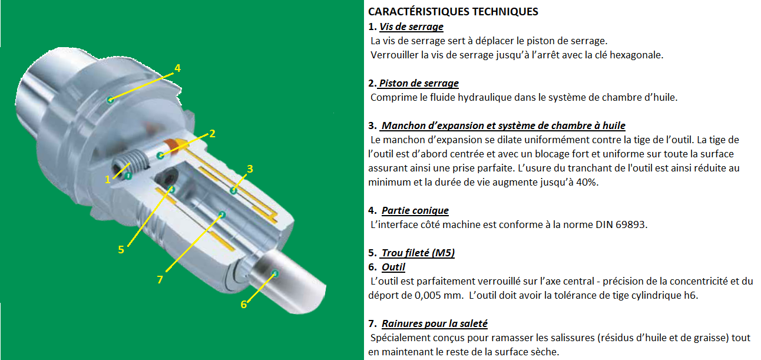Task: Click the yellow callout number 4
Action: (x=177, y=68)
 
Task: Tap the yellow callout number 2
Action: (x=212, y=134)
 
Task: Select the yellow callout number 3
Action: (x=250, y=169)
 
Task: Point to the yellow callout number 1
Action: (x=108, y=179)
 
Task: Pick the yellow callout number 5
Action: (x=121, y=249)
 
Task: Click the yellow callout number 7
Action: (x=160, y=279)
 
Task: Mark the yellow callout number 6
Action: (x=244, y=304)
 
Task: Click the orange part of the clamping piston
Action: (x=172, y=146)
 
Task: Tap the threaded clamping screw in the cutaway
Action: (x=131, y=162)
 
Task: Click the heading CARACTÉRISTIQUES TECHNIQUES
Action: (x=453, y=12)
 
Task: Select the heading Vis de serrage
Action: (x=411, y=27)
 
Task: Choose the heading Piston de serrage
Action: (x=419, y=83)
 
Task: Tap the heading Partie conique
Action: (x=415, y=210)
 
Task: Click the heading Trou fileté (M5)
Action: (x=418, y=253)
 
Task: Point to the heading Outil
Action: (x=393, y=267)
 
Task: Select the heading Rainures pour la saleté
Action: (x=435, y=323)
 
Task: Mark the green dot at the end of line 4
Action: (x=110, y=100)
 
